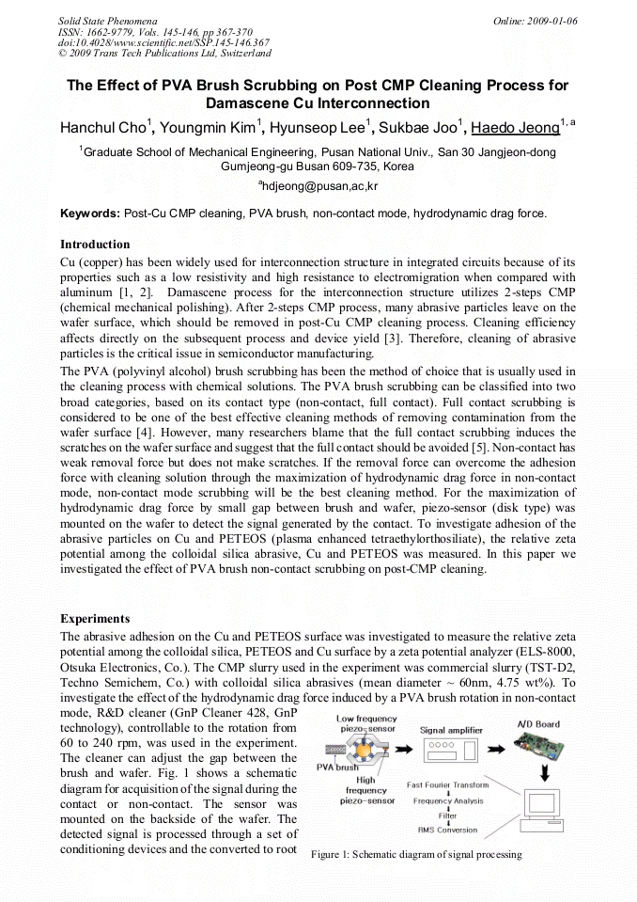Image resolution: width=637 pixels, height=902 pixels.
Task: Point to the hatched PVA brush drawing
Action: coord(330,752)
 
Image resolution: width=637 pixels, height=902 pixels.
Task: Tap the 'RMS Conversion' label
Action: coord(448,830)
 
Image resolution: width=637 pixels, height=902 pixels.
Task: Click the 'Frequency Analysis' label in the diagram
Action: coord(448,800)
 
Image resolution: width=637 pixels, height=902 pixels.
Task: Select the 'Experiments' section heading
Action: coord(95,619)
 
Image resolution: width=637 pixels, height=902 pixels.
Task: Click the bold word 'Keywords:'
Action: coord(90,214)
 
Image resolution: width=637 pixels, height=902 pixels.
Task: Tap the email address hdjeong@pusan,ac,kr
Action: coord(318,186)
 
